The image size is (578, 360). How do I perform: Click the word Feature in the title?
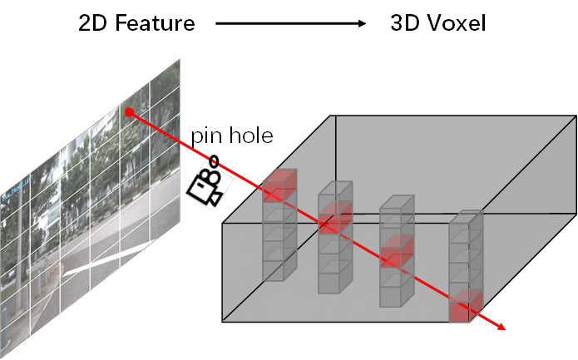[x=156, y=23]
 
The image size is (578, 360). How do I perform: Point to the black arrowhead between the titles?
[x=361, y=23]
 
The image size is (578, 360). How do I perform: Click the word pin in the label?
[x=206, y=136]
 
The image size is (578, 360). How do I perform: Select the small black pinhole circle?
[x=214, y=160]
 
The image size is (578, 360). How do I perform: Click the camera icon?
[x=205, y=188]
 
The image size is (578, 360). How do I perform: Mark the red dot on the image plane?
[x=128, y=111]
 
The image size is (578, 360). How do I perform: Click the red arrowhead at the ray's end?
[x=501, y=328]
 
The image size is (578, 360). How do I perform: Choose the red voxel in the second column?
[x=335, y=218]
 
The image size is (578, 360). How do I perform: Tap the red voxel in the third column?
[x=397, y=252]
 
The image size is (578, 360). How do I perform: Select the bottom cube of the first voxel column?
[x=279, y=267]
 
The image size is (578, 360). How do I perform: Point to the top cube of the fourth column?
[x=466, y=227]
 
